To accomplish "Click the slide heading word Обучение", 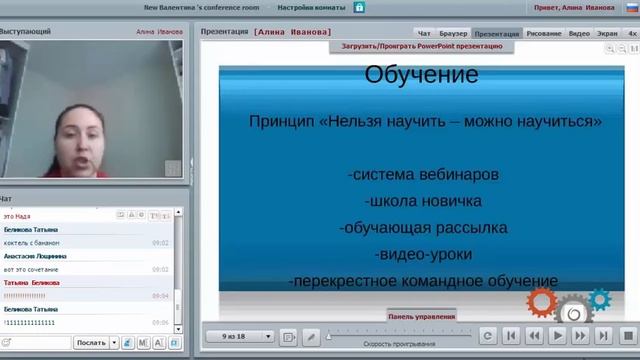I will (x=421, y=74).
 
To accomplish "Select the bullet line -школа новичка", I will (x=423, y=201).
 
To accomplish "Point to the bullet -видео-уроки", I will (x=423, y=254).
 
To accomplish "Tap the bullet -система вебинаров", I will (x=423, y=174).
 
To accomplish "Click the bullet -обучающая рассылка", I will (x=423, y=227).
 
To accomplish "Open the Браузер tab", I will (x=453, y=33).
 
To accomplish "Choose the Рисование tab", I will (x=543, y=33).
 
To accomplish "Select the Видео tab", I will (x=579, y=33).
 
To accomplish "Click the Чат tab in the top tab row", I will (x=424, y=33).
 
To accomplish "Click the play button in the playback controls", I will (x=558, y=336).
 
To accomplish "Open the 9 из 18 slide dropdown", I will (x=240, y=336).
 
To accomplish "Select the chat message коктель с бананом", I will (x=32, y=243).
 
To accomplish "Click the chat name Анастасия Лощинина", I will (x=35, y=256).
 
